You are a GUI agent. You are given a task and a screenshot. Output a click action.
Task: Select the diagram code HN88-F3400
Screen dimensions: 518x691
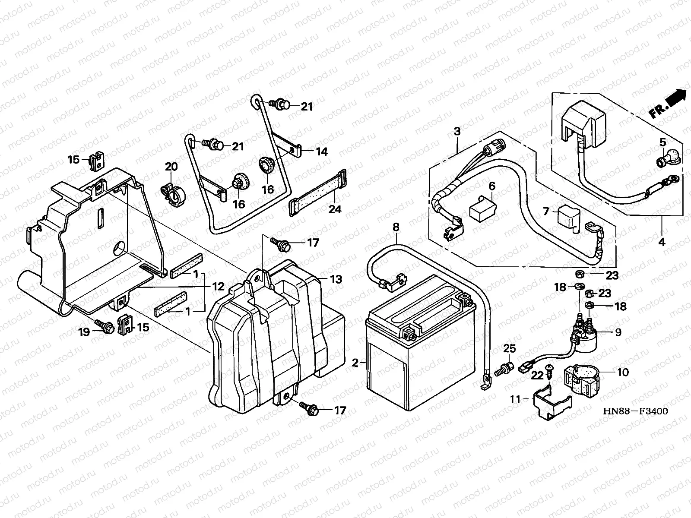point(635,411)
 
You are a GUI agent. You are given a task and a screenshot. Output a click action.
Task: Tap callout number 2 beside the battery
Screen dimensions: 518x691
point(355,363)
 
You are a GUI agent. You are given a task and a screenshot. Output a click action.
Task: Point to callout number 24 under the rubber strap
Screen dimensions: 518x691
point(335,209)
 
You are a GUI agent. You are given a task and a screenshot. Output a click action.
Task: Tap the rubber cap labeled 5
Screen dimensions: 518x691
point(668,161)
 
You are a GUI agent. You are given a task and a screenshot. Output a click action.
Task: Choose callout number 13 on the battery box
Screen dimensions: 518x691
point(336,279)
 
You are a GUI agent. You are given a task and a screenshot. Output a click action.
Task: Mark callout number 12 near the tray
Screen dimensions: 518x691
point(218,286)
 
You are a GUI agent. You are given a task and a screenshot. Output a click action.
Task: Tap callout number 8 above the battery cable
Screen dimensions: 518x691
point(396,227)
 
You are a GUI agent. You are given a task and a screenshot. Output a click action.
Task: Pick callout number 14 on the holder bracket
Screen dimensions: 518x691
point(321,152)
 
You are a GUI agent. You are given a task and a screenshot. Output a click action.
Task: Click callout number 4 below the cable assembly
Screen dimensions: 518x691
point(661,242)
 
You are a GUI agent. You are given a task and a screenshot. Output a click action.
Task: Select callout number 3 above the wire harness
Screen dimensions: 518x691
point(457,132)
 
